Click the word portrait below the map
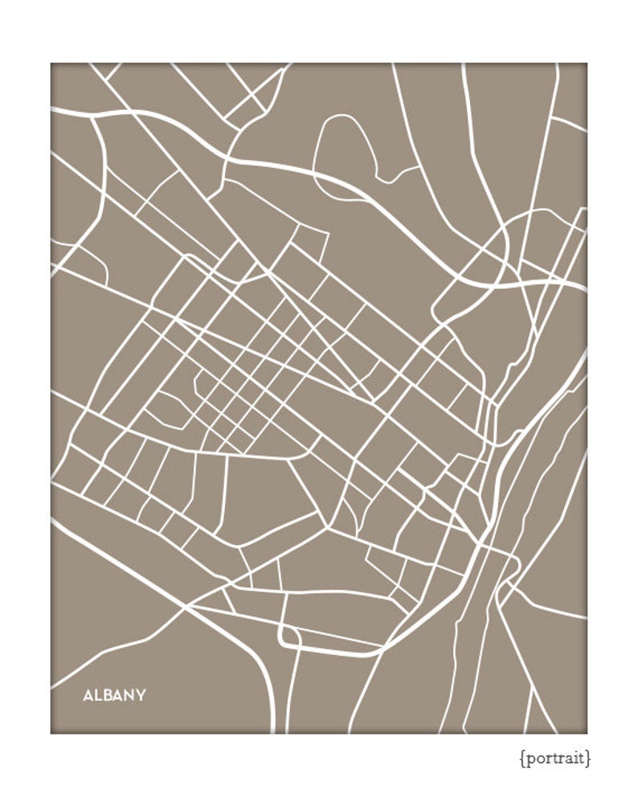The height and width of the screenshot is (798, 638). pyautogui.click(x=554, y=758)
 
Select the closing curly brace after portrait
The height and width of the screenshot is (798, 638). pyautogui.click(x=588, y=758)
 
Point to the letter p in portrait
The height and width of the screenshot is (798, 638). pyautogui.click(x=530, y=759)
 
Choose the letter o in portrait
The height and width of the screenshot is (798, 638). pyautogui.click(x=539, y=758)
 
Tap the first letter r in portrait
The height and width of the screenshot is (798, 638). pyautogui.click(x=547, y=758)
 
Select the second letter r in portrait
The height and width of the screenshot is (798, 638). pyautogui.click(x=561, y=758)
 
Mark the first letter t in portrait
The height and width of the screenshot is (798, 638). pyautogui.click(x=554, y=757)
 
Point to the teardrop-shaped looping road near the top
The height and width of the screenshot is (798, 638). pyautogui.click(x=346, y=149)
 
